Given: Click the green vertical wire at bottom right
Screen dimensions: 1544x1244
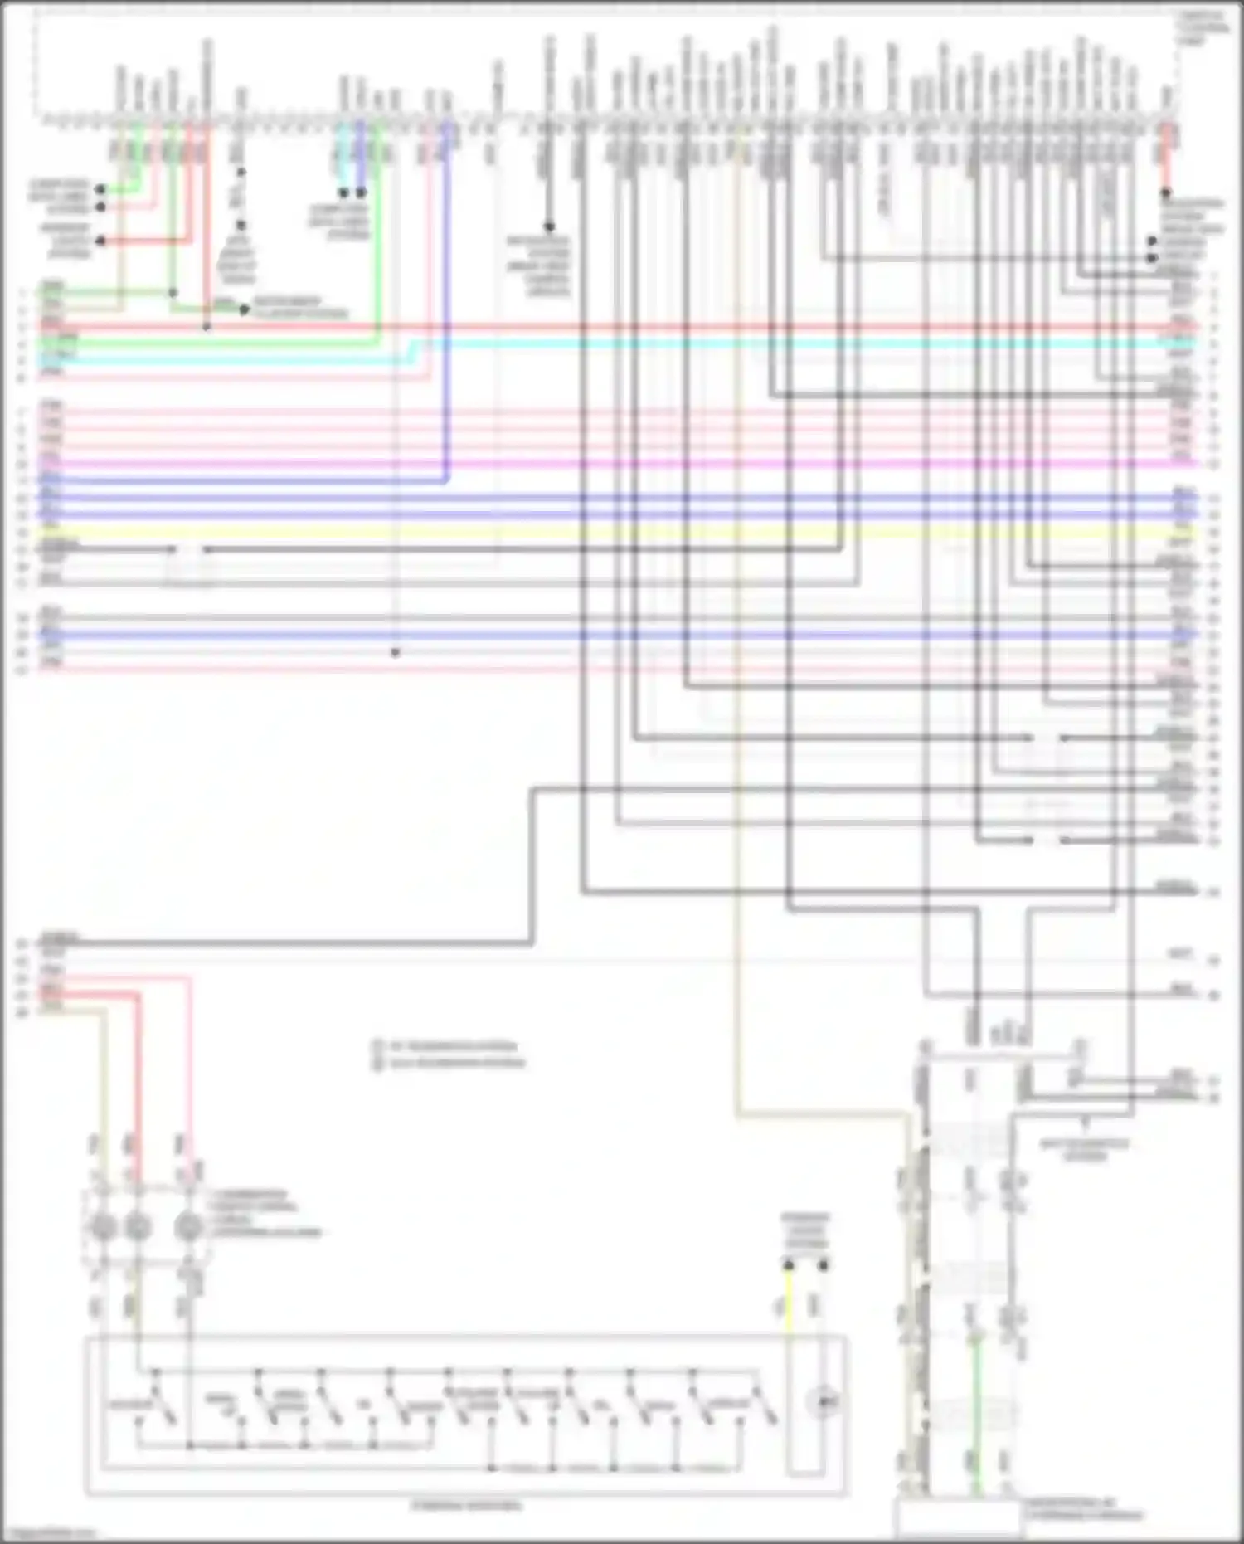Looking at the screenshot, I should point(977,1410).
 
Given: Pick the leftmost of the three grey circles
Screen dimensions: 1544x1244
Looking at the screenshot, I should point(101,1226).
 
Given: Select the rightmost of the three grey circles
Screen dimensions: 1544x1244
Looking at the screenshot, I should point(190,1226).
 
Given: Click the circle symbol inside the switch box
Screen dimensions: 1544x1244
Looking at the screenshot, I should point(822,1402).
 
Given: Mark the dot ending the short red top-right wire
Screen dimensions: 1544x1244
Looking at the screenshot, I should point(1165,192).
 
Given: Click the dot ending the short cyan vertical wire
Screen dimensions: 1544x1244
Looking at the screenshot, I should point(343,192).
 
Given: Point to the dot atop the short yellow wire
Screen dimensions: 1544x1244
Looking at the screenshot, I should point(789,1265).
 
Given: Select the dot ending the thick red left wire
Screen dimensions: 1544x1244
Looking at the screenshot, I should point(100,241).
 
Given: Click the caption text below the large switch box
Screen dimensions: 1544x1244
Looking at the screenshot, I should point(467,1506).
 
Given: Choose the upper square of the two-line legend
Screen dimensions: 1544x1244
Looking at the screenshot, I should point(377,1046).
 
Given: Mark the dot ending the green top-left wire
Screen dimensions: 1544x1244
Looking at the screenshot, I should point(100,190).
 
